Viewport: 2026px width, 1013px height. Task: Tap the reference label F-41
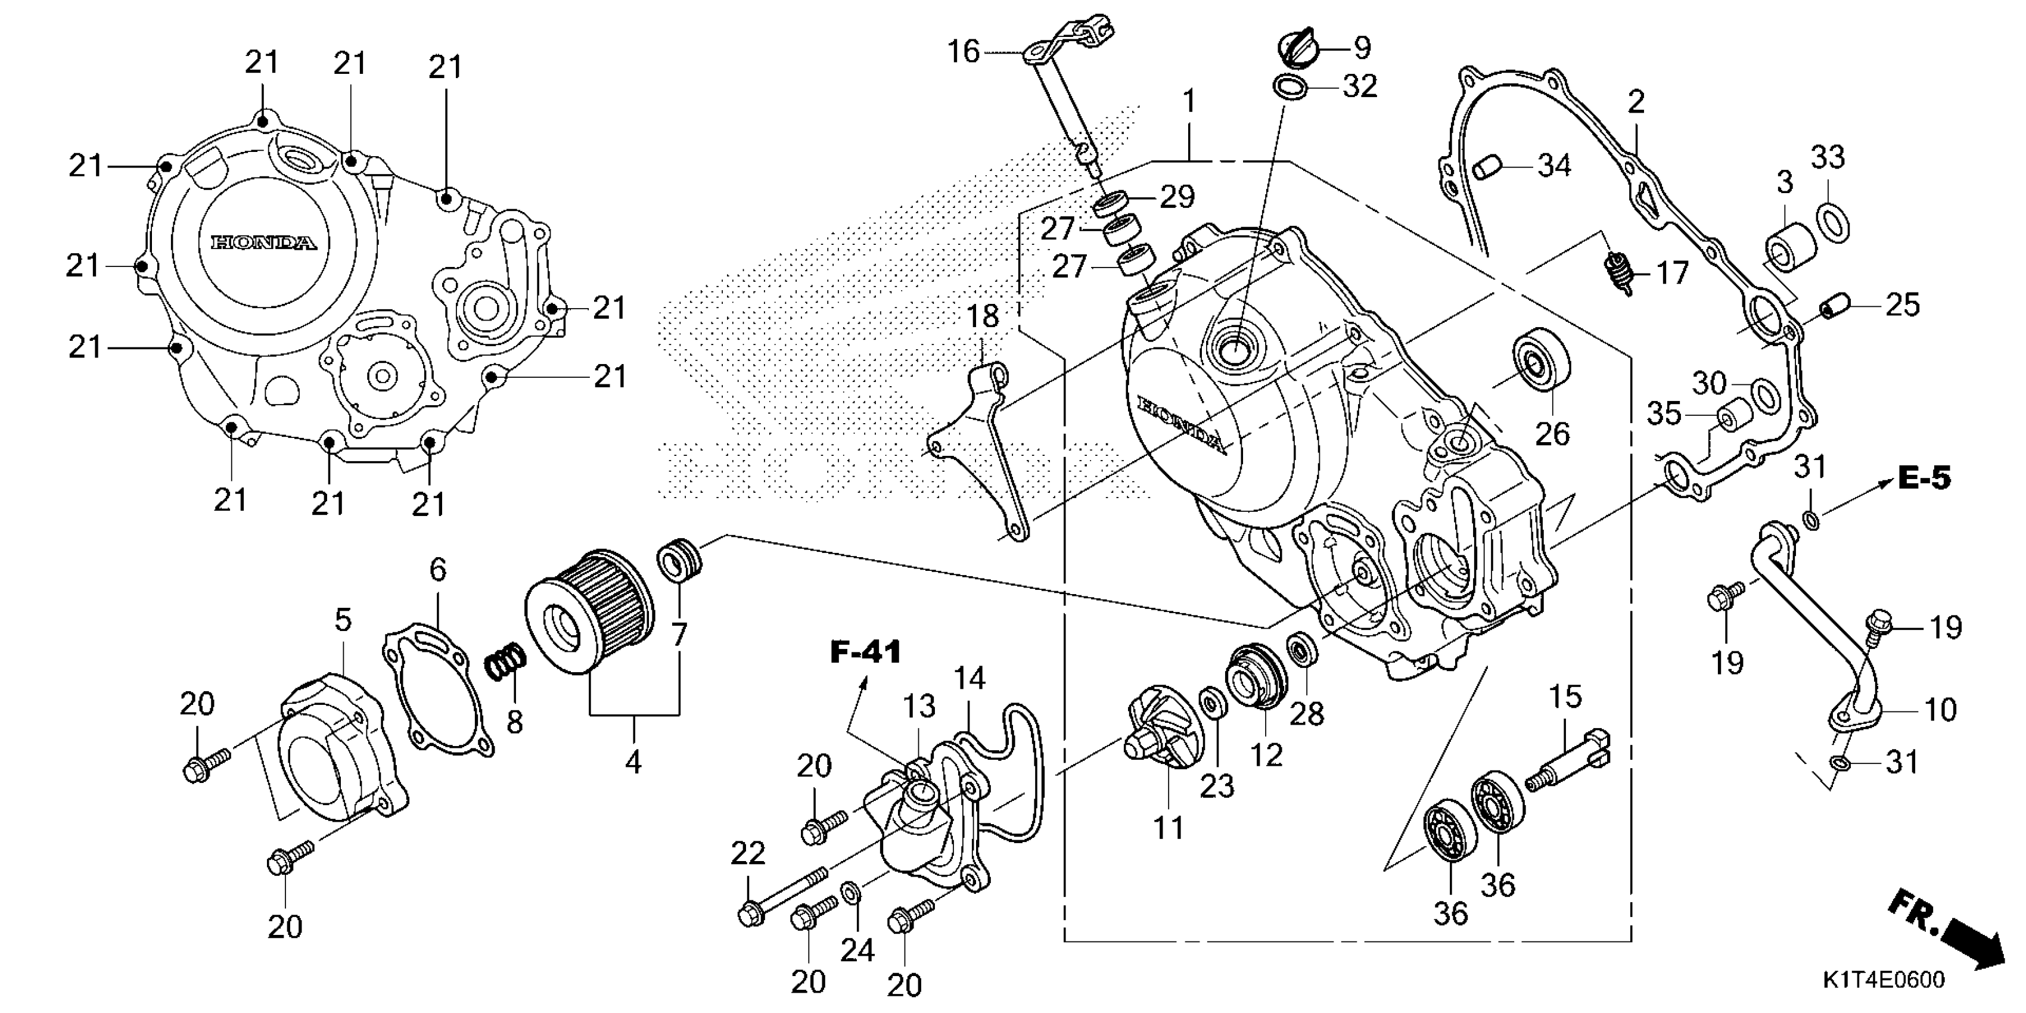point(865,652)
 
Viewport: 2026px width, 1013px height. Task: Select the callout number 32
point(1359,86)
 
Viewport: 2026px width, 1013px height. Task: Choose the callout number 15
point(1565,696)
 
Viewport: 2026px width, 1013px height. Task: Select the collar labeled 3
point(1792,248)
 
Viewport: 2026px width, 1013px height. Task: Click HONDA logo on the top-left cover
point(264,243)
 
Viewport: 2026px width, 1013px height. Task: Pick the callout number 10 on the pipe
point(1940,710)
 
